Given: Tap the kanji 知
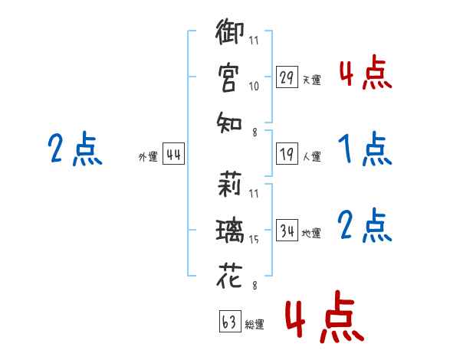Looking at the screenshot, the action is point(229,121).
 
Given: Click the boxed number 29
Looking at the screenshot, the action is point(287,77).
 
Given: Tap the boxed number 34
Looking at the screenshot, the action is point(287,231).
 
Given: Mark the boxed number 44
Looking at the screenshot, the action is point(173,155).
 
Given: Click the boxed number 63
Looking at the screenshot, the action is point(229,322).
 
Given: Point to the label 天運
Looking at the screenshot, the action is point(311,80).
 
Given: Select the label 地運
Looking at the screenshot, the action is point(311,233).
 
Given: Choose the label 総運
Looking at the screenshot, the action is point(255,324).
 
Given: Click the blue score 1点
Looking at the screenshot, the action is point(365,149).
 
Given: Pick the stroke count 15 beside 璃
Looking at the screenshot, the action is point(254,241).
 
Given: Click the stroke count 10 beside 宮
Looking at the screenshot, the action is point(254,87).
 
